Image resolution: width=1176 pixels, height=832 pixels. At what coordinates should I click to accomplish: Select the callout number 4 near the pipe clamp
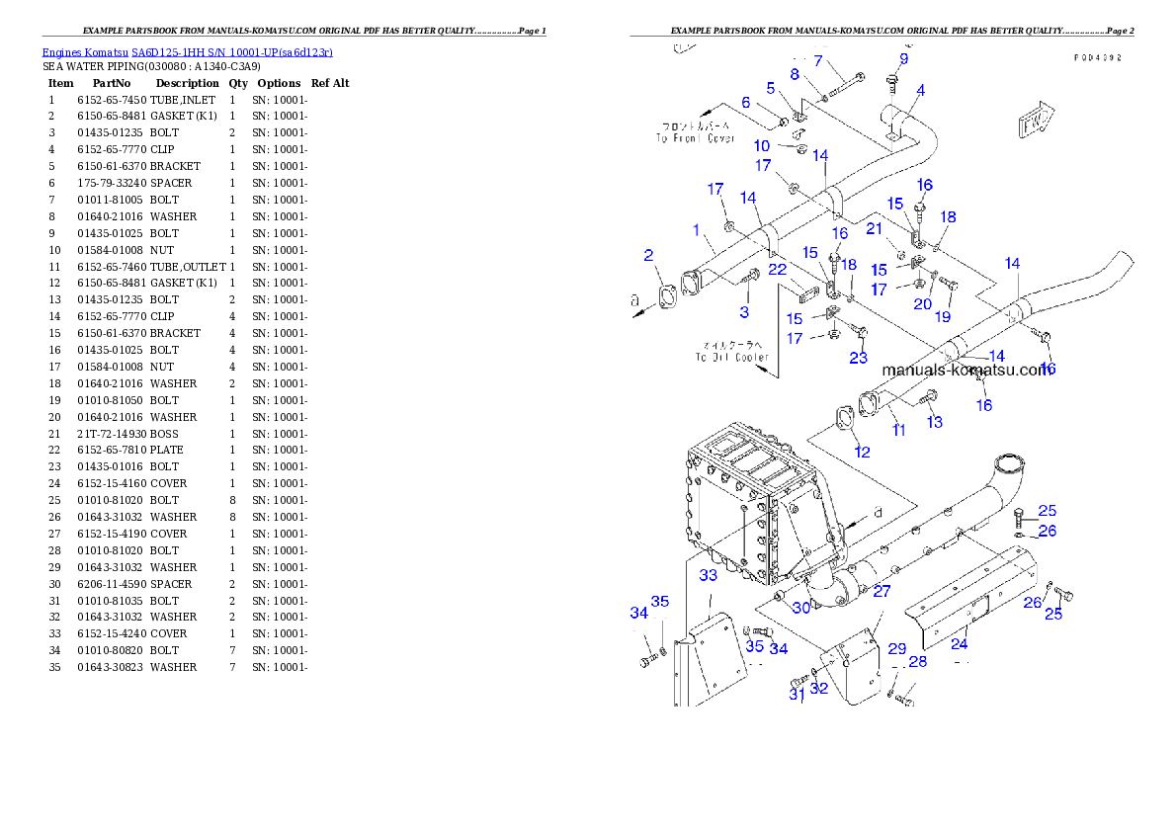click(919, 90)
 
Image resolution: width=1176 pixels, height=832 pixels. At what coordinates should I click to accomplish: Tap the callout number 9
click(903, 58)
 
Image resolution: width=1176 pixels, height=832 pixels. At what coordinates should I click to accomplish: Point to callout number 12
click(862, 452)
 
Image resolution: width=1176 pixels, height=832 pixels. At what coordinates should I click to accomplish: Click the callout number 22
click(778, 269)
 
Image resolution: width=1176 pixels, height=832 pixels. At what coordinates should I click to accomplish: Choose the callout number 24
click(959, 643)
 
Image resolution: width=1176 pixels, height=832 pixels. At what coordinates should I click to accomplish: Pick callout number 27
click(881, 591)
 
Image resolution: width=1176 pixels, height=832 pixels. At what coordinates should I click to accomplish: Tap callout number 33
click(709, 574)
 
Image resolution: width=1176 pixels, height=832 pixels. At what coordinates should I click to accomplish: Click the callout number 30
click(800, 608)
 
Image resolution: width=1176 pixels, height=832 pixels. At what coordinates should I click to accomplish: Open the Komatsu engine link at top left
click(187, 51)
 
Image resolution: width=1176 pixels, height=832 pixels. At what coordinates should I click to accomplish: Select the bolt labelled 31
click(799, 683)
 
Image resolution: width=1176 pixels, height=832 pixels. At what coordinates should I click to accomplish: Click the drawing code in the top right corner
click(1098, 58)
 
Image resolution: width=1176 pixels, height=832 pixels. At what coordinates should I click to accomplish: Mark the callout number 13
click(934, 422)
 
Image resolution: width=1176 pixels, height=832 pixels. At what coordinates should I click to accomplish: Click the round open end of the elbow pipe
click(1007, 463)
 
